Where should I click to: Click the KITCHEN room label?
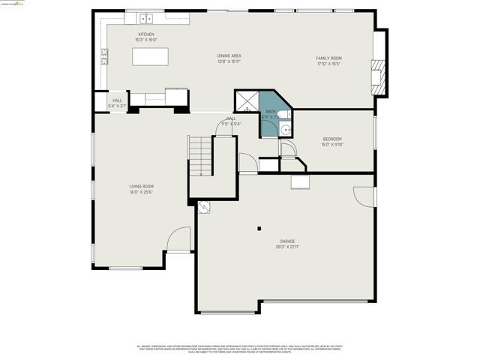tap(145, 34)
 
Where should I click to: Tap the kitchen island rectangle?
tap(148, 57)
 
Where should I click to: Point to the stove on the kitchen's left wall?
tap(104, 55)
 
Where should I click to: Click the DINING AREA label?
tap(229, 55)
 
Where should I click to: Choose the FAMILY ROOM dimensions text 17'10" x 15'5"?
tap(328, 64)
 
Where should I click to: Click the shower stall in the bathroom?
tap(247, 102)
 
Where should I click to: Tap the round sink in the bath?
tap(285, 129)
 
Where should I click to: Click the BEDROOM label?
tap(331, 139)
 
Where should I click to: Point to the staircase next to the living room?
tap(200, 155)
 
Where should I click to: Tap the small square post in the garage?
tap(259, 228)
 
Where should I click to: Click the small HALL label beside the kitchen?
tap(117, 100)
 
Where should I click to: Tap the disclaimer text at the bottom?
tap(239, 349)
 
